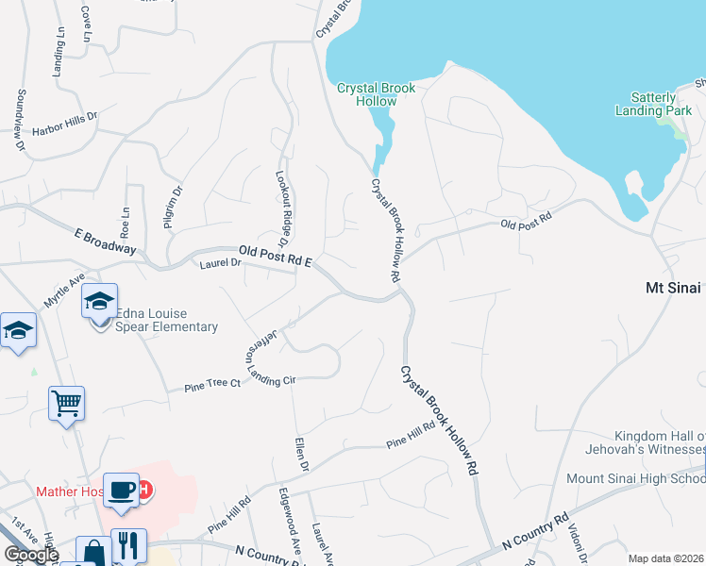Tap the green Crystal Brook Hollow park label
tap(377, 94)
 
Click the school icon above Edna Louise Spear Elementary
tap(99, 302)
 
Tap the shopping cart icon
tap(66, 404)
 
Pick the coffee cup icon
tap(121, 491)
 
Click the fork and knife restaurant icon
tap(128, 545)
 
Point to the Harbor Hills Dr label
tap(65, 123)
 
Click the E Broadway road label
tap(105, 241)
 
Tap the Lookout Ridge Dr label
tap(281, 204)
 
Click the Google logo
tap(31, 555)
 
